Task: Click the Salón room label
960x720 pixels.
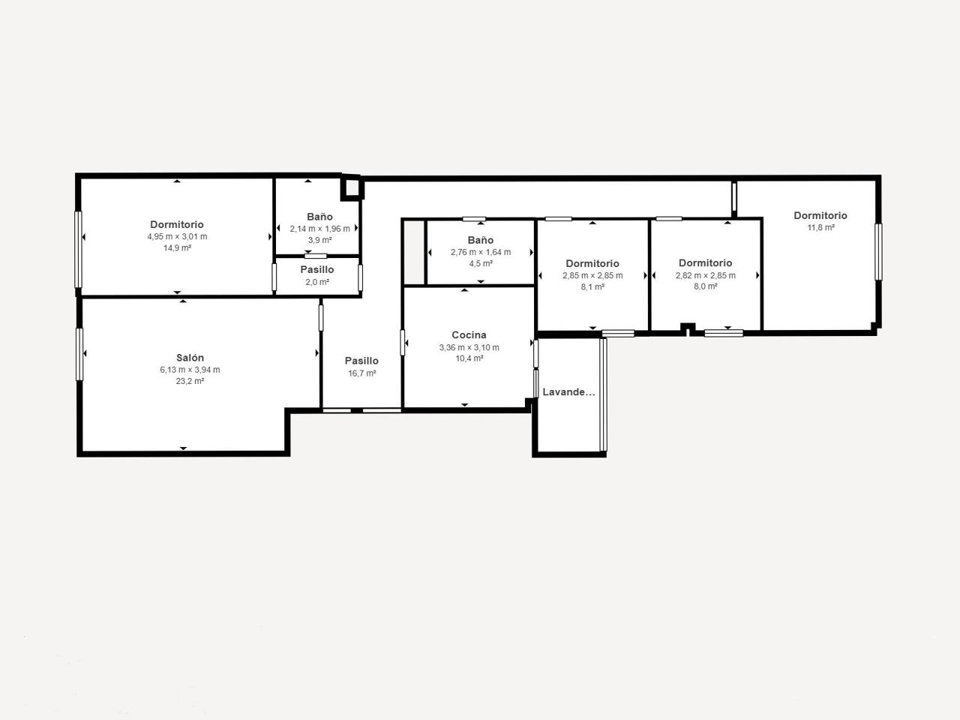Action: pyautogui.click(x=190, y=358)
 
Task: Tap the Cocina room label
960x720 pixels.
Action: pyautogui.click(x=469, y=334)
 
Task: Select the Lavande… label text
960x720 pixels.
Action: pyautogui.click(x=568, y=392)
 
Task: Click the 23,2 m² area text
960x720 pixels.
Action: pyautogui.click(x=190, y=381)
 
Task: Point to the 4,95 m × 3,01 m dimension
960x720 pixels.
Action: pyautogui.click(x=177, y=236)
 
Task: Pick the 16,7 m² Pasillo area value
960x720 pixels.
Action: pyautogui.click(x=361, y=373)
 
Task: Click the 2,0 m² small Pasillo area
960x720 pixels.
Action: pyautogui.click(x=317, y=282)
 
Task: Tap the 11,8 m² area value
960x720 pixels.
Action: pyautogui.click(x=820, y=227)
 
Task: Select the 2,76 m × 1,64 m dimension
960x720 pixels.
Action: pyautogui.click(x=481, y=252)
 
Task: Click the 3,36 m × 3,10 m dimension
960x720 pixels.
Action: pyautogui.click(x=469, y=347)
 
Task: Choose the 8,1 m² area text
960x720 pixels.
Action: pyautogui.click(x=592, y=286)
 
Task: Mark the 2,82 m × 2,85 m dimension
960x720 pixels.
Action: pyautogui.click(x=705, y=275)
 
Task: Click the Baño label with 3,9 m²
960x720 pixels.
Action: pyautogui.click(x=319, y=217)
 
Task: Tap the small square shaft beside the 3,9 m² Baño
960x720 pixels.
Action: pyautogui.click(x=352, y=187)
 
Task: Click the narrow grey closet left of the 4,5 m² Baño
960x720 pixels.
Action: pyautogui.click(x=414, y=252)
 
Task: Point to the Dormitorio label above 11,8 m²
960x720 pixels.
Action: pyautogui.click(x=820, y=215)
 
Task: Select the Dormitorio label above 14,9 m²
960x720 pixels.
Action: pyautogui.click(x=177, y=224)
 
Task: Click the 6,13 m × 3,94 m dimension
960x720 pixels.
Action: pyautogui.click(x=190, y=370)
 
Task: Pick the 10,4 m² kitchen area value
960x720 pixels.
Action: pyautogui.click(x=469, y=358)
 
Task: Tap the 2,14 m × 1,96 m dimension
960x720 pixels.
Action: pyautogui.click(x=319, y=229)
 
